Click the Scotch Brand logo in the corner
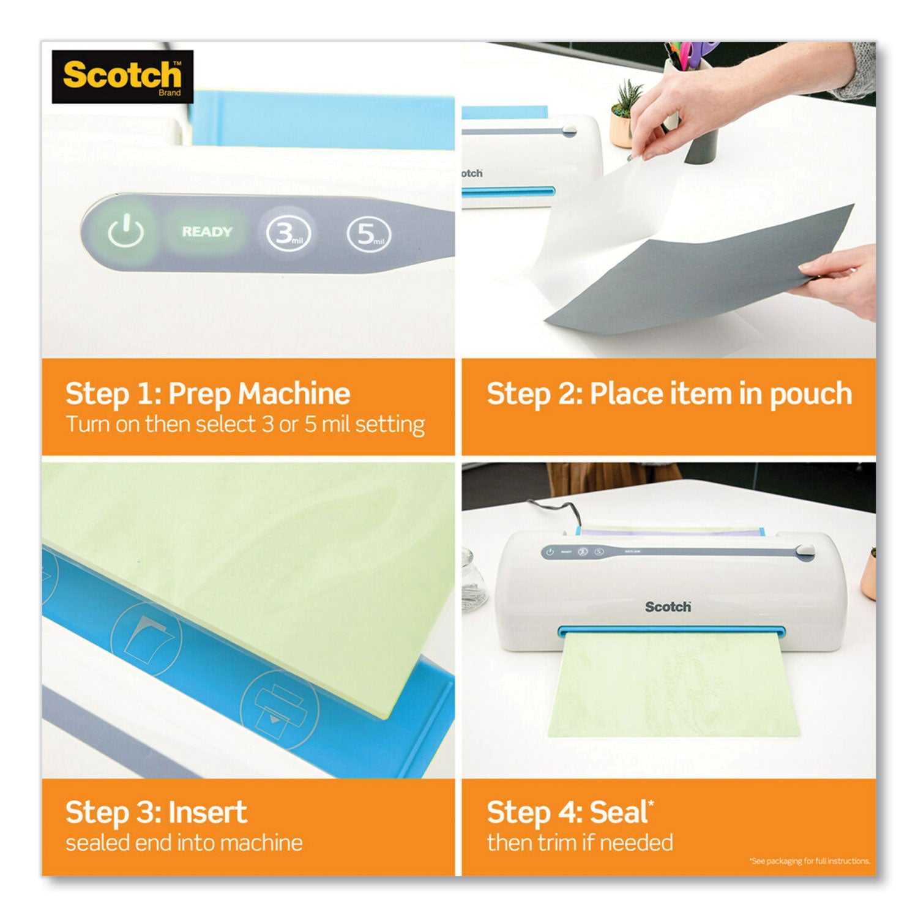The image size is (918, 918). pyautogui.click(x=122, y=76)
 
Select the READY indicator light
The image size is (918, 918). pyautogui.click(x=207, y=232)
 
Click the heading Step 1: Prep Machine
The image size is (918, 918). pyautogui.click(x=207, y=394)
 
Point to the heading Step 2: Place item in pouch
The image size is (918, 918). pyautogui.click(x=669, y=394)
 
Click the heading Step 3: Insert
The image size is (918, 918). pyautogui.click(x=156, y=813)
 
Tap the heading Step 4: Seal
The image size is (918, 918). pyautogui.click(x=570, y=813)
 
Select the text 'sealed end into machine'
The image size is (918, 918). pyautogui.click(x=184, y=843)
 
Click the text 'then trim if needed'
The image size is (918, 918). pyautogui.click(x=580, y=843)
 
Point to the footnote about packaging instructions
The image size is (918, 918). pyautogui.click(x=809, y=861)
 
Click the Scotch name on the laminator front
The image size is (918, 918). pyautogui.click(x=668, y=606)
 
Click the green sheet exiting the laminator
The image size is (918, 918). pyautogui.click(x=667, y=685)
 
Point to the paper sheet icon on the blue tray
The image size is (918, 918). pyautogui.click(x=147, y=636)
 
